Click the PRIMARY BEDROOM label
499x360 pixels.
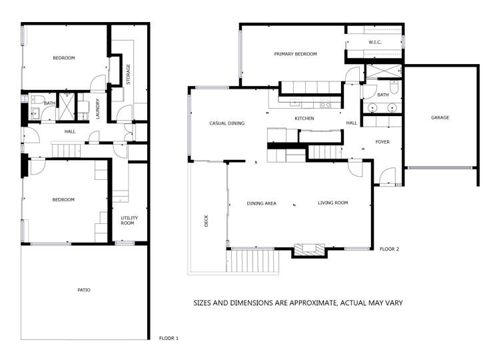[295, 54]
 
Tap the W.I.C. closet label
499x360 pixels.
[374, 43]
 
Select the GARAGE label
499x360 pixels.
[440, 117]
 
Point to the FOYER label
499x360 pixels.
[382, 142]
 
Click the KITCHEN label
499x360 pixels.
[304, 119]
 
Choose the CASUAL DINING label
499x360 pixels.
[227, 123]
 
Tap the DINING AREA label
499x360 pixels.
[261, 203]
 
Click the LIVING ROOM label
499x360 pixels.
[332, 203]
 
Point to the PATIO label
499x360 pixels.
[83, 290]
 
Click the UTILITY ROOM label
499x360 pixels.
[127, 220]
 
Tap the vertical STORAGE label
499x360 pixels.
[128, 75]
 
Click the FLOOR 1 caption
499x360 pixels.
[169, 338]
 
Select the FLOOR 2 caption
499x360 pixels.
[389, 249]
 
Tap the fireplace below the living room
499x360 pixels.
[310, 250]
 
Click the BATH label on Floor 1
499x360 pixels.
[50, 103]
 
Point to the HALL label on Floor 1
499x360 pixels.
[70, 132]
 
